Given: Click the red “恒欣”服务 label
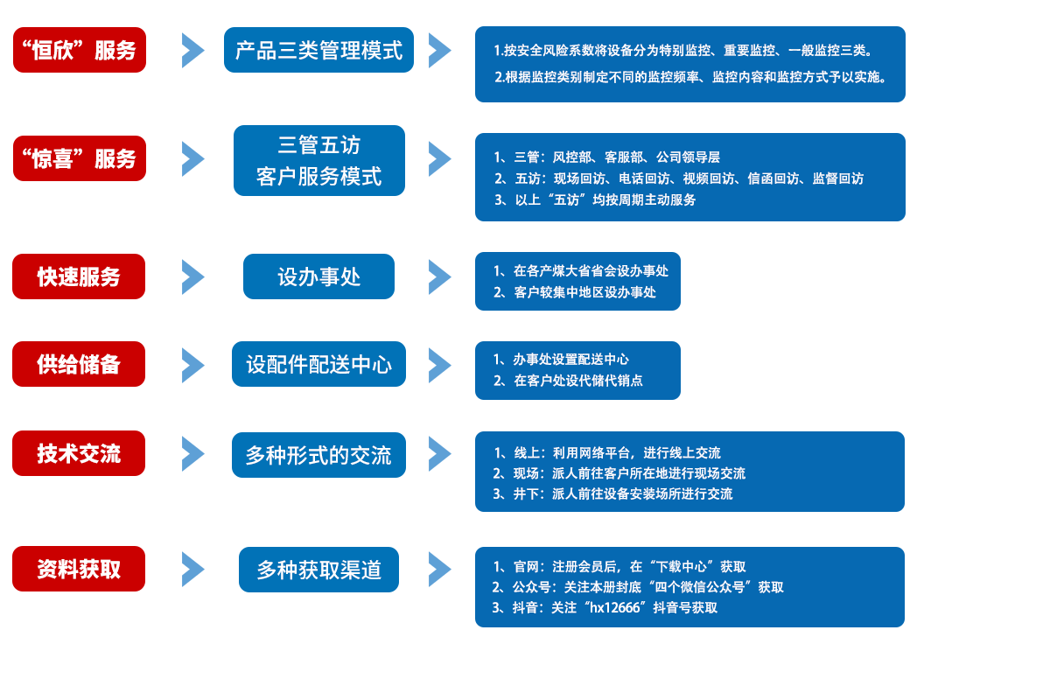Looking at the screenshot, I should [80, 50].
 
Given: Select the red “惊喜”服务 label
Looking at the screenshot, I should [80, 158].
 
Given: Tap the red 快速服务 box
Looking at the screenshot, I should [79, 276].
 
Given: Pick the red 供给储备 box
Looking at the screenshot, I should [79, 364].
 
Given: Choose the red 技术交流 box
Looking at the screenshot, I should [79, 453].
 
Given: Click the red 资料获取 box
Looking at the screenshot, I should [79, 569].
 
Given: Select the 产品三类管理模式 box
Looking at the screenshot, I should [318, 50].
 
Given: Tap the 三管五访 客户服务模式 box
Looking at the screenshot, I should [319, 161].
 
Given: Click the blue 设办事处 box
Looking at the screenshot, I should [318, 276].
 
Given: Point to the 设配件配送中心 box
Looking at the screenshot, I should [318, 364].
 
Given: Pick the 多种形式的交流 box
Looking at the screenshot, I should [318, 455].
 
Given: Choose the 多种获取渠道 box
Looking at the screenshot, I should [318, 570].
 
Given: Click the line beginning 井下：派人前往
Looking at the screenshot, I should [613, 493].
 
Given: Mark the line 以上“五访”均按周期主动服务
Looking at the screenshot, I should [596, 199].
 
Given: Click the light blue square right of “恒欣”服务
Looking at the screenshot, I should [193, 50].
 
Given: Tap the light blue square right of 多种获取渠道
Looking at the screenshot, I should [440, 569].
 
